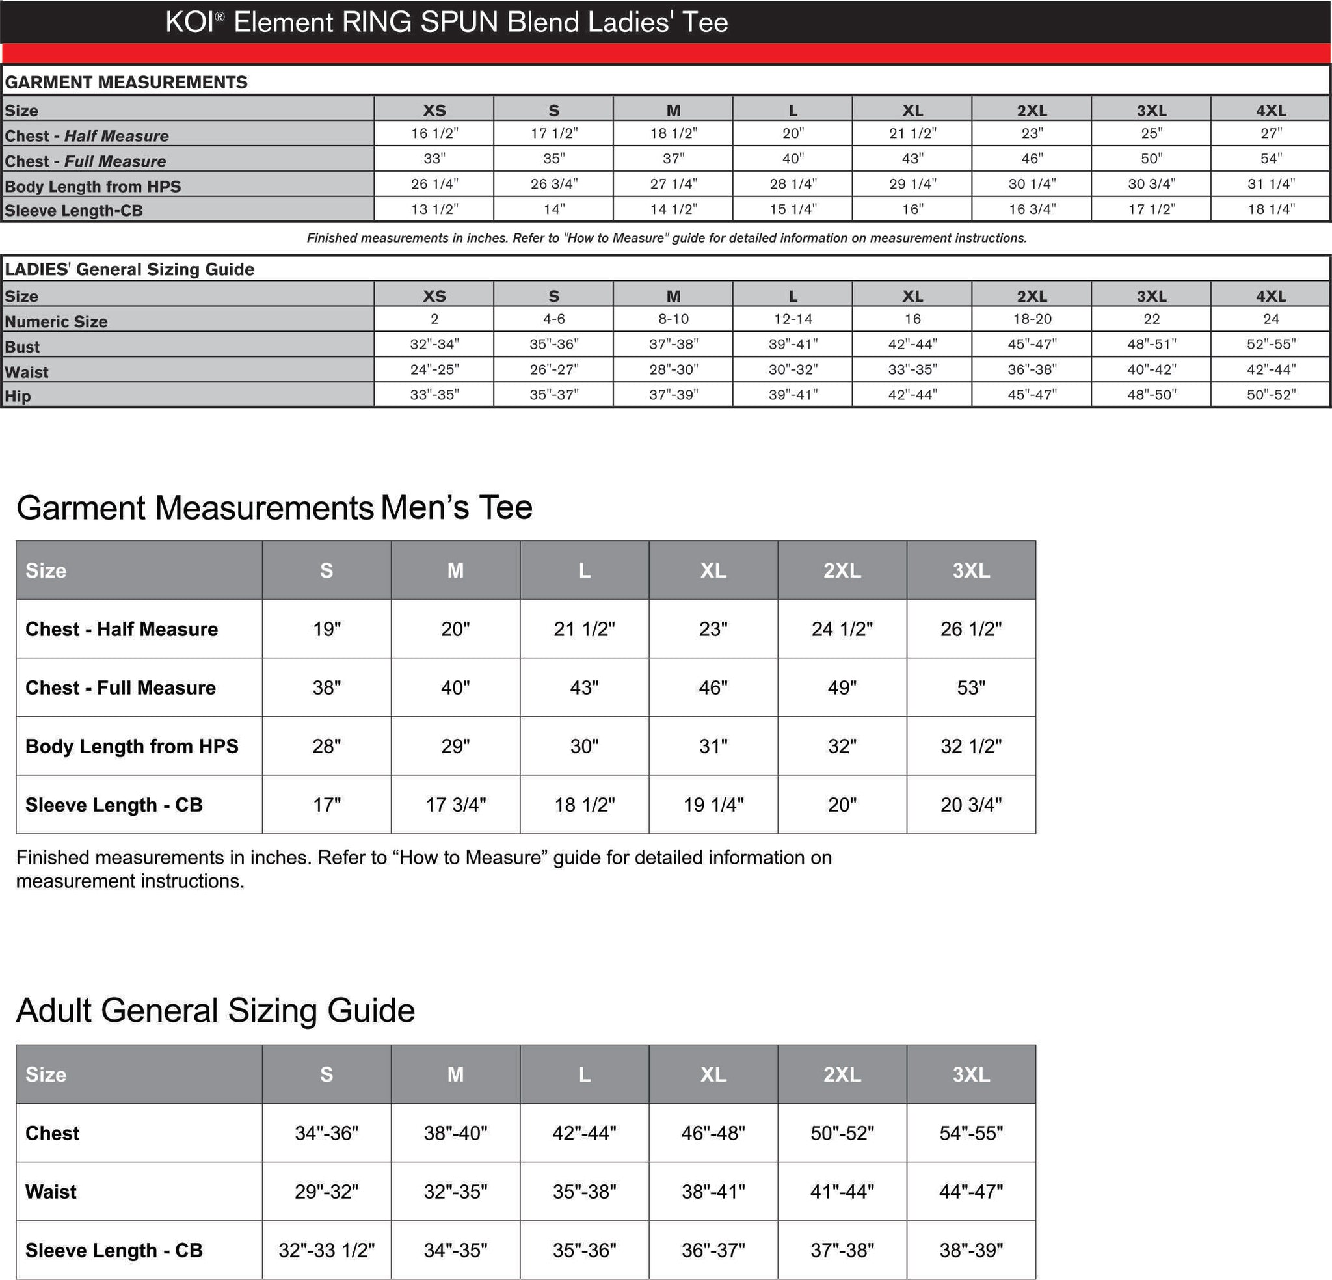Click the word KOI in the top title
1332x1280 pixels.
[x=190, y=22]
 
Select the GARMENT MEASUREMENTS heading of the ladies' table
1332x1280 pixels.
[x=126, y=82]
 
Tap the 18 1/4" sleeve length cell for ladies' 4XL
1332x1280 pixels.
[x=1270, y=209]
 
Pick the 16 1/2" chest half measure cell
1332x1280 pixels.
[x=434, y=133]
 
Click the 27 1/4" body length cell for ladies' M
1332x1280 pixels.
[x=673, y=183]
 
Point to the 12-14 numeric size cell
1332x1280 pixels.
[x=792, y=319]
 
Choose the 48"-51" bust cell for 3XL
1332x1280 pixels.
[x=1151, y=344]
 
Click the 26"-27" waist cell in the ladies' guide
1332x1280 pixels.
[x=553, y=369]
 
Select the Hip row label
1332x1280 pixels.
[x=18, y=395]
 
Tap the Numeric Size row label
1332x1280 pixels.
[x=56, y=321]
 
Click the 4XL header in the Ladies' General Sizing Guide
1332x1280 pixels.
[x=1270, y=296]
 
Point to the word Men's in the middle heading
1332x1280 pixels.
[x=423, y=507]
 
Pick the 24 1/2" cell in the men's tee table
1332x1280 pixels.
[x=842, y=629]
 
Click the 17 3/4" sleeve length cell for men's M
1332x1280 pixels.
[x=455, y=805]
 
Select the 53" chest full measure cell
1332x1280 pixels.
[x=970, y=687]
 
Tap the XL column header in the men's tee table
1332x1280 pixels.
[x=713, y=570]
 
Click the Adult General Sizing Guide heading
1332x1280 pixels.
[x=215, y=1010]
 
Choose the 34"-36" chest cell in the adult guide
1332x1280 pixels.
[x=326, y=1133]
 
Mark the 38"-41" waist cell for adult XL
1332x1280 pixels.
[x=713, y=1192]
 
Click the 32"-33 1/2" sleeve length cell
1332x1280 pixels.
[x=326, y=1250]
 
